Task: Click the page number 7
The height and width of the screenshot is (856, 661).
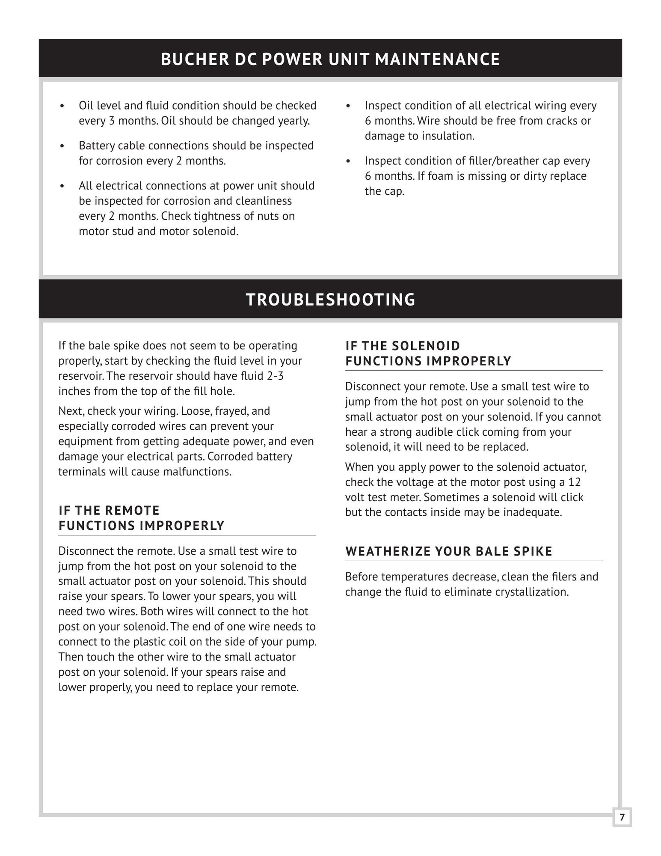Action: pos(622,817)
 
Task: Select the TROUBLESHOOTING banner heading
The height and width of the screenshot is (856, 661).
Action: pos(330,300)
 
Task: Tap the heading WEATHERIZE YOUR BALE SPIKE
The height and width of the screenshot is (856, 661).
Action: pos(449,551)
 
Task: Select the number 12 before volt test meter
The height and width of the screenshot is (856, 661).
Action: pos(575,482)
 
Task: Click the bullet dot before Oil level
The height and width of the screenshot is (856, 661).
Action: pos(62,106)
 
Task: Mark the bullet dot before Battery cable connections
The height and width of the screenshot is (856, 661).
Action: pos(62,146)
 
